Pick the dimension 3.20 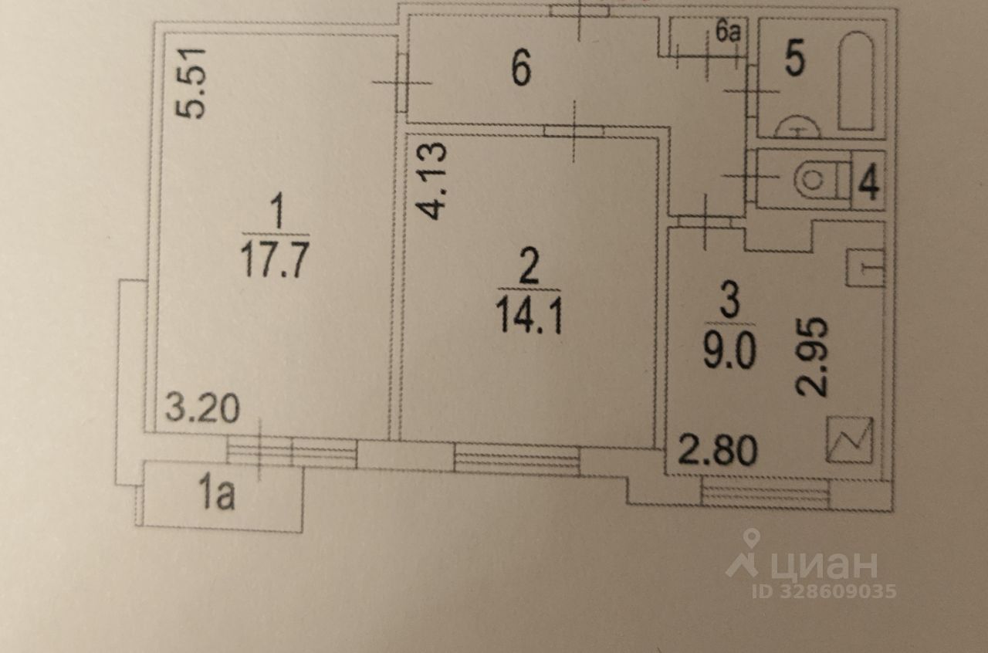point(201,409)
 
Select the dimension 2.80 point(717,451)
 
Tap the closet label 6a point(728,32)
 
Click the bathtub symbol point(856,80)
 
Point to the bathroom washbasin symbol point(795,126)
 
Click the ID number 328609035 point(824,591)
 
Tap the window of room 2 point(516,459)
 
